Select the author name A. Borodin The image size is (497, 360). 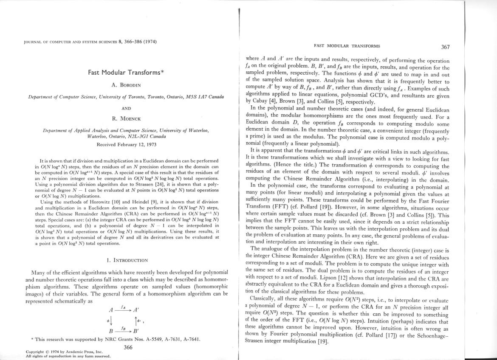click(126, 85)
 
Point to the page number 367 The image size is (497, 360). click(445, 47)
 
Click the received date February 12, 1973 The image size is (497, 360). click(126, 144)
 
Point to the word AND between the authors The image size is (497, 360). click(126, 108)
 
